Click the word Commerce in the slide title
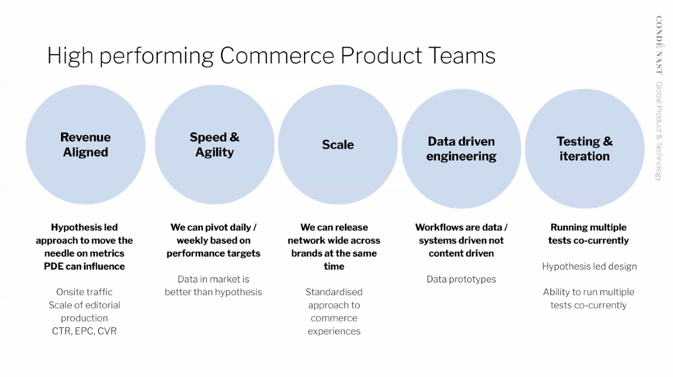277,56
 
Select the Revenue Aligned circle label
85,145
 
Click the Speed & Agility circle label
215,145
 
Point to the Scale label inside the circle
338,145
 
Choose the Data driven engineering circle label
461,149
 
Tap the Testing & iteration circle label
585,149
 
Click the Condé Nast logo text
659,45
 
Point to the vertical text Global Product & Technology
659,131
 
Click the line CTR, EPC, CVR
84,331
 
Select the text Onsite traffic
84,292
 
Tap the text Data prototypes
461,279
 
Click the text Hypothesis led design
590,266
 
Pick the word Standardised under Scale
334,292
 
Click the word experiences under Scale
334,332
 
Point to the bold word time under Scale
334,266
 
